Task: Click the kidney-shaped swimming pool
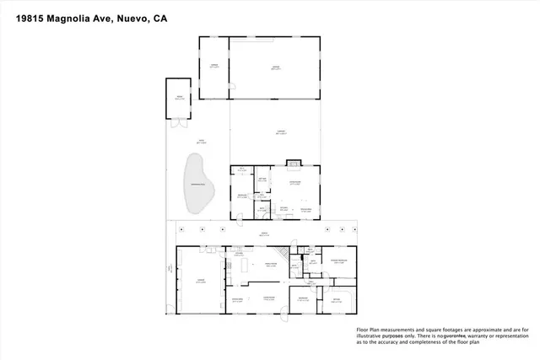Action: click(197, 184)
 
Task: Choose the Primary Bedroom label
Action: click(340, 262)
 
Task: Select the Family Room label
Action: click(270, 263)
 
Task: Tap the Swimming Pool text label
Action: click(197, 185)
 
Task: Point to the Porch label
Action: click(263, 234)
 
